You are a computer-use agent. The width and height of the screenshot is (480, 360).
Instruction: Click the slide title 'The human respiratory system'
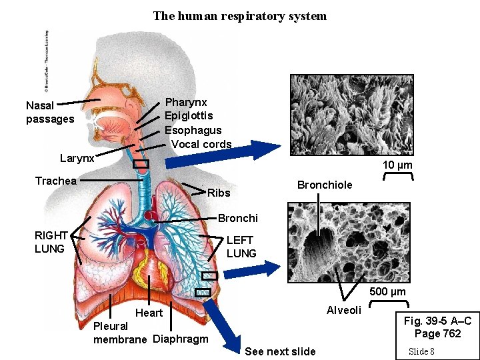click(240, 15)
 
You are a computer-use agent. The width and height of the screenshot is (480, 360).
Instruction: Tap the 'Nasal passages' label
click(50, 112)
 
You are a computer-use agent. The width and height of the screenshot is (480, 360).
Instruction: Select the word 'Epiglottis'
click(189, 116)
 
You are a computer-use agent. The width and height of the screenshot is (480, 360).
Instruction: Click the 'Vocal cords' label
click(201, 144)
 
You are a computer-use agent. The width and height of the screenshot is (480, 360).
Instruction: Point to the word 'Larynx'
click(77, 159)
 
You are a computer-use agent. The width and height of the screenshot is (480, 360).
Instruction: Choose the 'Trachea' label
click(56, 181)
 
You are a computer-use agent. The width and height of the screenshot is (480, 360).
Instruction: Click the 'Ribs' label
click(219, 193)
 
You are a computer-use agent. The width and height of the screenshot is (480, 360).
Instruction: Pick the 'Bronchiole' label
click(325, 185)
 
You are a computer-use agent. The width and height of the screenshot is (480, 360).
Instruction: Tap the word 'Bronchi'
click(238, 218)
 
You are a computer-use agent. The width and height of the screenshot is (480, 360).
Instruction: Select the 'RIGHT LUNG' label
click(51, 242)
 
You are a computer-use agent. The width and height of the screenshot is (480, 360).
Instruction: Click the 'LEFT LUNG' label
click(241, 247)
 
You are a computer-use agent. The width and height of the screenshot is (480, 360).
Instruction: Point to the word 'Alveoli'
click(344, 310)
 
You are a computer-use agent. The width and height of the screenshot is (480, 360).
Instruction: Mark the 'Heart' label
click(149, 313)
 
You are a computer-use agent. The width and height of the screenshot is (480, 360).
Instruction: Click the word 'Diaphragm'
click(181, 339)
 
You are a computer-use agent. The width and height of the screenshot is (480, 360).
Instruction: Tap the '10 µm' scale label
click(397, 165)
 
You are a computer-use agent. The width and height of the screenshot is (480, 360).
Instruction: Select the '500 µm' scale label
click(387, 291)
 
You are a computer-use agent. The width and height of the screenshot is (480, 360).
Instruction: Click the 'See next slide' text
click(281, 351)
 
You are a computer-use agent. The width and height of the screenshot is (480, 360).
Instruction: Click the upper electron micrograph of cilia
click(351, 114)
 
